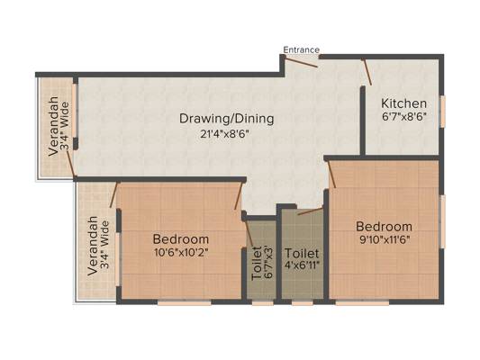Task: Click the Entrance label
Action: [x=301, y=49]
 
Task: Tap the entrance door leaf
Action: [x=301, y=62]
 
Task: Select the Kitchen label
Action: [x=403, y=103]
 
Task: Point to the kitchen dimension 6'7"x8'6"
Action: [x=404, y=116]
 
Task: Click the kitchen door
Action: [x=367, y=72]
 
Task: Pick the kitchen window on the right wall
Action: [x=443, y=111]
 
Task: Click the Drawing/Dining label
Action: [x=227, y=119]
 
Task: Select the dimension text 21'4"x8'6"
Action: [x=223, y=134]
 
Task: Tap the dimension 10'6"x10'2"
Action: [x=182, y=253]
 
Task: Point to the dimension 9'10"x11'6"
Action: [x=385, y=239]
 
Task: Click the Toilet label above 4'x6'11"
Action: [x=302, y=254]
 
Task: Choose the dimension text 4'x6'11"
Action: [x=303, y=265]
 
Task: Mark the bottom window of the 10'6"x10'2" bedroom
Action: [x=185, y=302]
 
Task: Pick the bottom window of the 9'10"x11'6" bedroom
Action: [x=362, y=302]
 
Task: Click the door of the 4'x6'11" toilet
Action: [x=310, y=211]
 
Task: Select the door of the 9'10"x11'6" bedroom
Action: [x=332, y=175]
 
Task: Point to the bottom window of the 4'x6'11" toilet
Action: [x=303, y=302]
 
